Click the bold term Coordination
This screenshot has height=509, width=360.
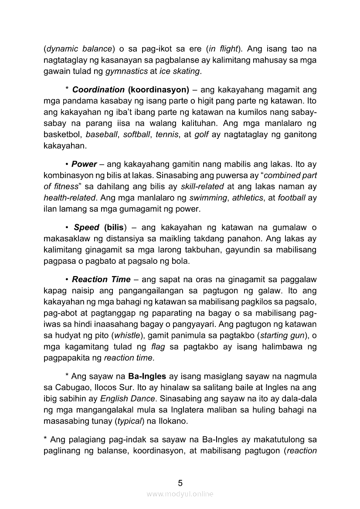pos(98,90)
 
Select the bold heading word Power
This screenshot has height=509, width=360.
pos(84,164)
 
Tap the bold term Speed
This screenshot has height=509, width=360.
pos(86,227)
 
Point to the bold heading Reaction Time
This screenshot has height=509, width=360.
pos(101,280)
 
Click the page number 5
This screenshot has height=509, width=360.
pos(180,483)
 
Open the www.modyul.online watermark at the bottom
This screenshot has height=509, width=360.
pos(180,494)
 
